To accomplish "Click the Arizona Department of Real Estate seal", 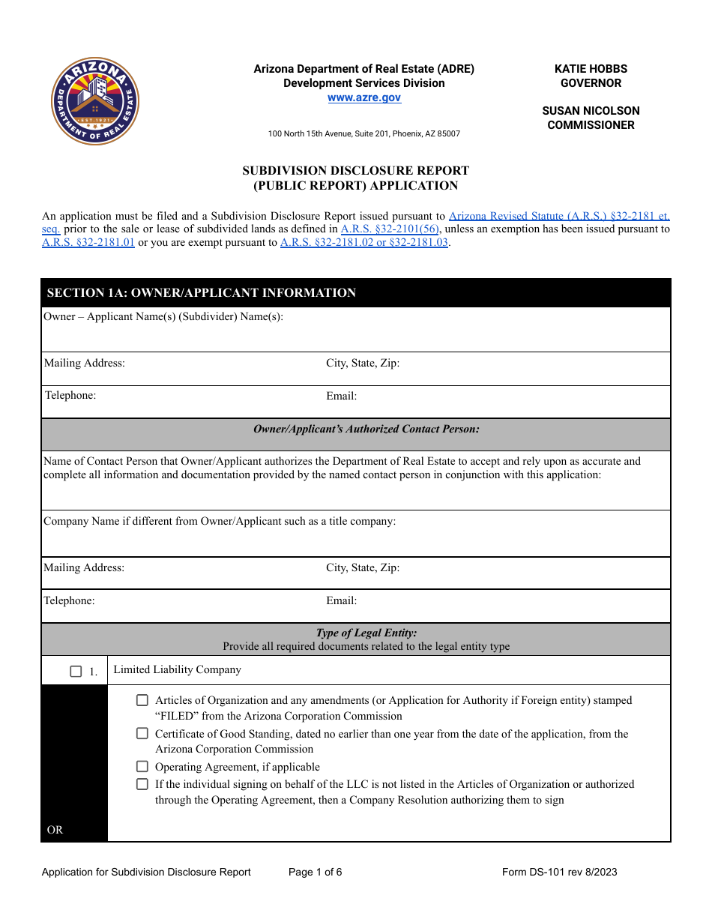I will point(95,101).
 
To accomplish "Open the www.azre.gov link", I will point(364,97).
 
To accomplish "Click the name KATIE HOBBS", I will point(591,68).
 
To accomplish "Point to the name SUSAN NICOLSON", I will point(591,111).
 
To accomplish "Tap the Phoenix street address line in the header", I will point(364,133).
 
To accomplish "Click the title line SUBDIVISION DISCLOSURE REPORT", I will point(355,170).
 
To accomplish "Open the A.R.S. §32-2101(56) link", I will point(390,229).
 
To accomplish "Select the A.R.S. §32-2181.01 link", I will point(88,242).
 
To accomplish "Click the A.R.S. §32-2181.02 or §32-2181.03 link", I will point(363,242).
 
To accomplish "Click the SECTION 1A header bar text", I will point(202,292).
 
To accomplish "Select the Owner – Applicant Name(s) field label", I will point(163,316).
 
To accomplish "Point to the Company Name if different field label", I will point(220,521).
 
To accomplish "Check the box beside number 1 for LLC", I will point(76,672).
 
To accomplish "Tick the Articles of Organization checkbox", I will point(142,700).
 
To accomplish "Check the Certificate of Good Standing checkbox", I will point(142,734).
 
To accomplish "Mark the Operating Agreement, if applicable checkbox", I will point(142,766).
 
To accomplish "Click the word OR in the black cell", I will point(55,830).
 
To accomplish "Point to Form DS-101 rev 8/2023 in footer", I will point(559,872).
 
